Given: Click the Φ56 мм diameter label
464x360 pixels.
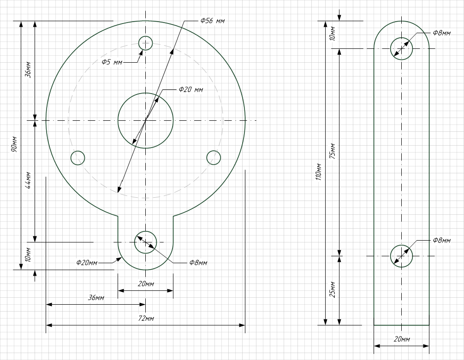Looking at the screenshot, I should pos(213,21).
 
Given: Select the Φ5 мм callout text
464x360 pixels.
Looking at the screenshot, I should pos(112,62).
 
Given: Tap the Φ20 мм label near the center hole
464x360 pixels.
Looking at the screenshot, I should pos(191,89).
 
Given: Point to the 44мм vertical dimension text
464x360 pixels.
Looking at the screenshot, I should pos(28,180).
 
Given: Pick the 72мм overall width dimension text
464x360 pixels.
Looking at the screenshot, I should pos(146,319).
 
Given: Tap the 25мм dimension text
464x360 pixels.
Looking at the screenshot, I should pos(333,289).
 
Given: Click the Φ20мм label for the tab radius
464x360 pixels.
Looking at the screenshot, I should pos(87,262).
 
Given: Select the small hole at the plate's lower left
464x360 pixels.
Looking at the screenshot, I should pos(78,158).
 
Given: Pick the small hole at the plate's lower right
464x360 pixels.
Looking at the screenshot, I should pos(214,158).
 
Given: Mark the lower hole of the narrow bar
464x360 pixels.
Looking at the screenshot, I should pos(402,256).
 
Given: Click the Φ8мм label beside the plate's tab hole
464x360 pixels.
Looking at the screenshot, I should pos(198,263).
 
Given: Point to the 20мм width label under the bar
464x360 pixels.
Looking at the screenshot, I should pos(402,339).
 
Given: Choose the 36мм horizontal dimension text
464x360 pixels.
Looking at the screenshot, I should pos(96,298).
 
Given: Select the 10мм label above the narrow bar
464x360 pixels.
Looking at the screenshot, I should pos(333,34).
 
